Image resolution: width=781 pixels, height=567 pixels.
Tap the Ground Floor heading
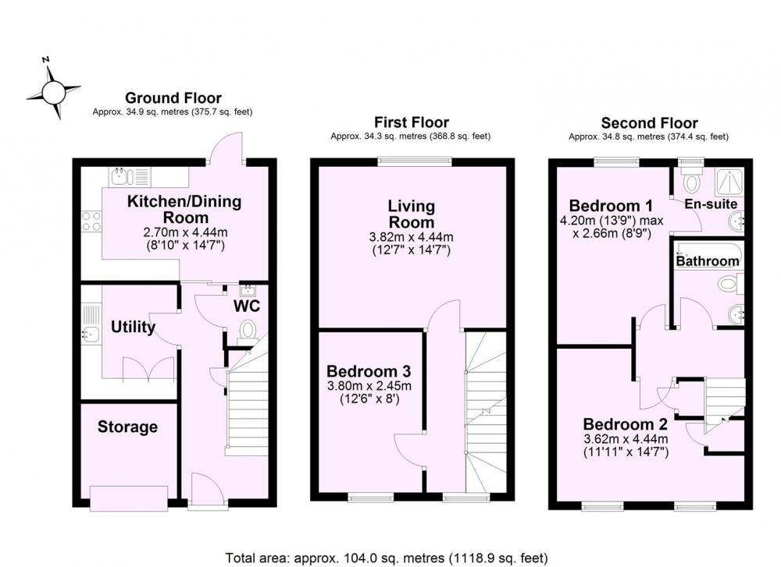point(173,98)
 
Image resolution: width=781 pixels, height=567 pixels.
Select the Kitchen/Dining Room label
point(184,209)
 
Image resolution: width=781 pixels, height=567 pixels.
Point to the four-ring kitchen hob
point(91,221)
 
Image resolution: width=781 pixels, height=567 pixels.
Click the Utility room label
point(133,327)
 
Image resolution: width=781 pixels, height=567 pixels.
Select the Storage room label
point(127,427)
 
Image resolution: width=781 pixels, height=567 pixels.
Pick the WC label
point(247,306)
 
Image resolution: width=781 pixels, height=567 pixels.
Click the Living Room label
point(412,214)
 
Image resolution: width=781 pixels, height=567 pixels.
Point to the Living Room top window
point(415,161)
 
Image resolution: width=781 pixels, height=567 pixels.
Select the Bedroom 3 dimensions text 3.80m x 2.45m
point(369,385)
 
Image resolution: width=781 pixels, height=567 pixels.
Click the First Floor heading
point(412,122)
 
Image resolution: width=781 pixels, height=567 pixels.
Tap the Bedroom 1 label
point(612,205)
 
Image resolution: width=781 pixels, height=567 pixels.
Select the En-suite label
point(711,204)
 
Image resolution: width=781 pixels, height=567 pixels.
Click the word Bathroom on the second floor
point(708,261)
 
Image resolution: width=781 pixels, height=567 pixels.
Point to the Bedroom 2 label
point(625,424)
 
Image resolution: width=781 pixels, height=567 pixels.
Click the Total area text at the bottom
point(387,558)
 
